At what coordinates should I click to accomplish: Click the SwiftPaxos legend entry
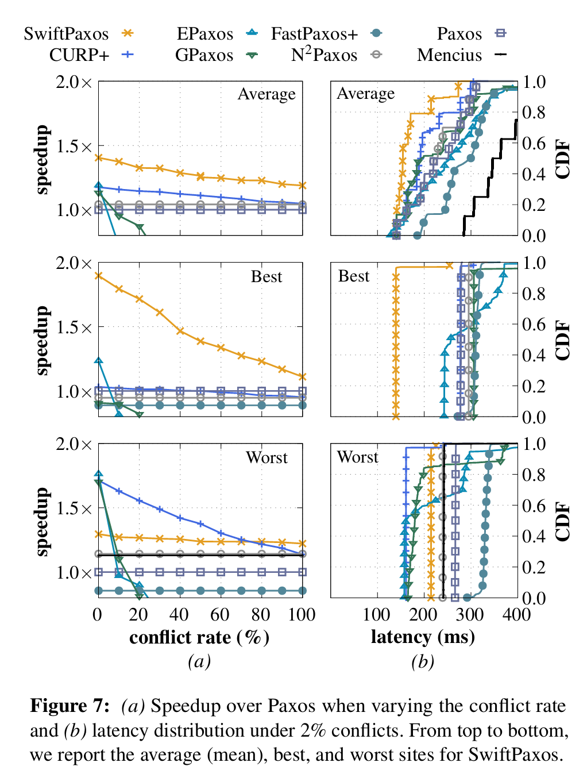[x=66, y=34]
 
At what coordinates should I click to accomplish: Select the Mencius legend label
[x=449, y=55]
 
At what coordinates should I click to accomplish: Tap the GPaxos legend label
[x=204, y=55]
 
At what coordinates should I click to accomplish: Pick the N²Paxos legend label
[x=324, y=55]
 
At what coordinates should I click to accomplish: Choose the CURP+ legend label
[x=79, y=55]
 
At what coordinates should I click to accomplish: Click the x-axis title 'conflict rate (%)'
[x=199, y=637]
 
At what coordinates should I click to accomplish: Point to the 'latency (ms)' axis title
[x=423, y=637]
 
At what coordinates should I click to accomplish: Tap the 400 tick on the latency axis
[x=516, y=615]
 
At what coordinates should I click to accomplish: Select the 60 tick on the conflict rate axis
[x=221, y=615]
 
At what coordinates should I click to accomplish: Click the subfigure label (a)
[x=199, y=661]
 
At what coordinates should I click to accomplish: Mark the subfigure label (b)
[x=423, y=661]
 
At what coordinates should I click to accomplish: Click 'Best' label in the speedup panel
[x=267, y=277]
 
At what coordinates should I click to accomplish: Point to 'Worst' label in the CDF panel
[x=357, y=457]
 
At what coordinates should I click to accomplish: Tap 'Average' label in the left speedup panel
[x=267, y=94]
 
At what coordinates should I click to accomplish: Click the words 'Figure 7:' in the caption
[x=69, y=706]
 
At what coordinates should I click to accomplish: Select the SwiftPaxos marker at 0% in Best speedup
[x=98, y=276]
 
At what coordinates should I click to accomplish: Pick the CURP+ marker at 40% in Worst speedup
[x=180, y=518]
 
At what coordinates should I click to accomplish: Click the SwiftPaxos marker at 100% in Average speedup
[x=303, y=186]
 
